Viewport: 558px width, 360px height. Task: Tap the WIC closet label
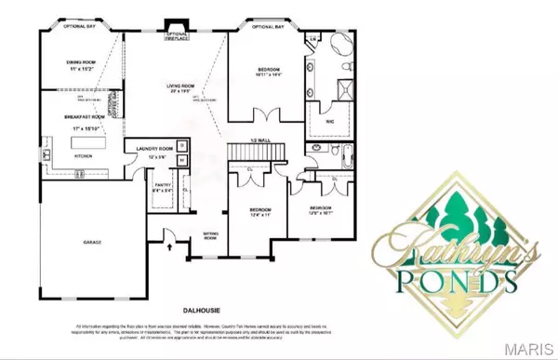(330, 120)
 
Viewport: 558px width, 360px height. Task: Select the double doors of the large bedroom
(264, 117)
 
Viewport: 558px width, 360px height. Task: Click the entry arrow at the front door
(168, 247)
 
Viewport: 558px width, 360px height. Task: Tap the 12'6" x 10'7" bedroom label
(323, 208)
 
